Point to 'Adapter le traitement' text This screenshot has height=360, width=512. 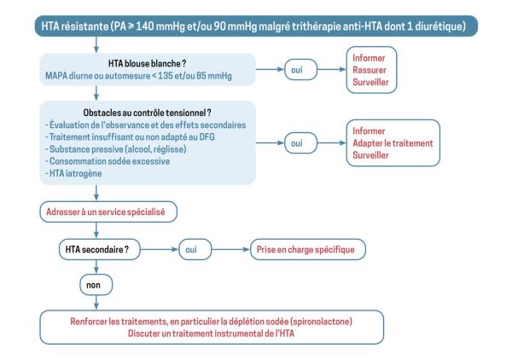click(x=389, y=143)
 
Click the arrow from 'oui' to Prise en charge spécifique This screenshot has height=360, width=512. click(x=229, y=249)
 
